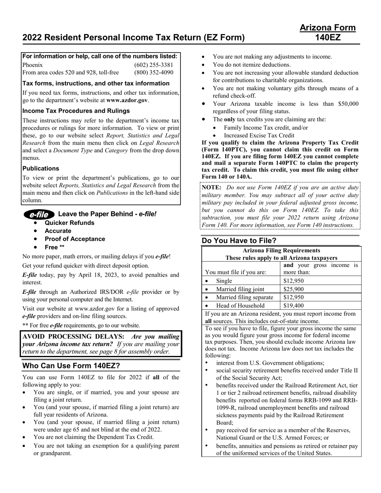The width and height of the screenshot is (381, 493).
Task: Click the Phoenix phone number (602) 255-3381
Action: [x=154, y=65]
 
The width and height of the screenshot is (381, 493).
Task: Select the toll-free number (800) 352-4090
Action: [x=154, y=73]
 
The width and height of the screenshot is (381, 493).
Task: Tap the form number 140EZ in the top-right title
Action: [x=328, y=38]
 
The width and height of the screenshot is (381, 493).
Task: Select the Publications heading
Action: [x=41, y=168]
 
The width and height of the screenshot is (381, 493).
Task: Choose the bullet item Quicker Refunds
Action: [x=69, y=223]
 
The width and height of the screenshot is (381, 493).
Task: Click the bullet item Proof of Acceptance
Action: [x=75, y=239]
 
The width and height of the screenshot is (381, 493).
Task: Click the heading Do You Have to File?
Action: [x=239, y=241]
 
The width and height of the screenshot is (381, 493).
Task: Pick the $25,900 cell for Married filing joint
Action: [x=294, y=289]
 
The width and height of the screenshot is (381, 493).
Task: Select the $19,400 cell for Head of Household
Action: [x=294, y=305]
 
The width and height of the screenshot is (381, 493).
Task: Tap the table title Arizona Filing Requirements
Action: [x=282, y=251]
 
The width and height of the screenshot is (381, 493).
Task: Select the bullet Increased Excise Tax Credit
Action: [x=259, y=135]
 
